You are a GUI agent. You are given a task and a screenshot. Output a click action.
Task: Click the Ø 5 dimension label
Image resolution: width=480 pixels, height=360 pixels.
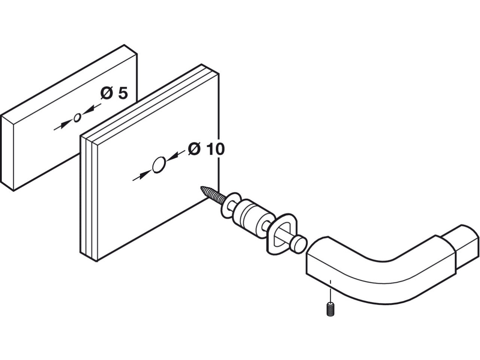click(114, 93)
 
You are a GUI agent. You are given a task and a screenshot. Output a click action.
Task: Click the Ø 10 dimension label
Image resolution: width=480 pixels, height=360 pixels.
click(206, 149)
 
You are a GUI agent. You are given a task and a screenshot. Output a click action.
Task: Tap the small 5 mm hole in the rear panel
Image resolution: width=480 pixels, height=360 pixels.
click(77, 118)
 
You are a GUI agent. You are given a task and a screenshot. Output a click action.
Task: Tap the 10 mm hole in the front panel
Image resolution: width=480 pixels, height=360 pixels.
click(158, 165)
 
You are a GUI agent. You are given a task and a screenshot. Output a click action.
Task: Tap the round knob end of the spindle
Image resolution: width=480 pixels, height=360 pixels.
click(300, 243)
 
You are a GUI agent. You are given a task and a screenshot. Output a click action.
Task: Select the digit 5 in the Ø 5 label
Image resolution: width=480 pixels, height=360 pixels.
click(122, 93)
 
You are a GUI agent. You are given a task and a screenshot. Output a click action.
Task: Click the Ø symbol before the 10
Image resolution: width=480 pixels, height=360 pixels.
click(194, 149)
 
